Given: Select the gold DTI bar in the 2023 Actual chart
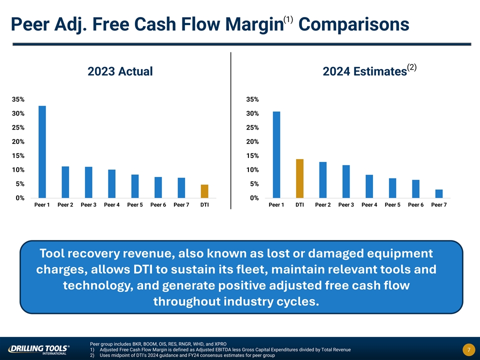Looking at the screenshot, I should [204, 191].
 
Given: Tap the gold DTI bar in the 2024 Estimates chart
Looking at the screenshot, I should [300, 178].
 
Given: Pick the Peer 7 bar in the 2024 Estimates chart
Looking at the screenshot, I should [439, 193].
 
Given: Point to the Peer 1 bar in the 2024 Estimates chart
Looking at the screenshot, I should [276, 154].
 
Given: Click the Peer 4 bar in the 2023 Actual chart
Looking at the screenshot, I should [111, 183].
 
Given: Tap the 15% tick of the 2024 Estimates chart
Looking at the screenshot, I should [252, 156].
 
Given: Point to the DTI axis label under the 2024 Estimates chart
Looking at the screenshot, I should [300, 205].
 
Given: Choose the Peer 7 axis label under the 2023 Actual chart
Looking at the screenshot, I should [181, 205].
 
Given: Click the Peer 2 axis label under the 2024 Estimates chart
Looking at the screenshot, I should [323, 205].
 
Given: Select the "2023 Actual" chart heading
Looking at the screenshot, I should [120, 72].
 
